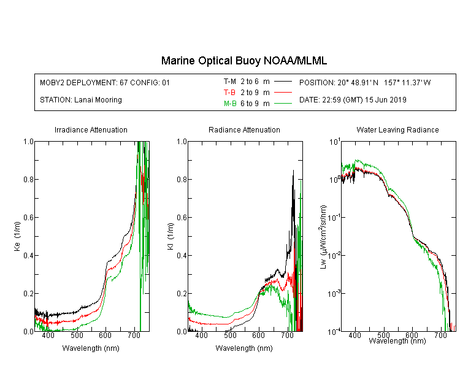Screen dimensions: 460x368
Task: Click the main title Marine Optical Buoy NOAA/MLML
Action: point(243,61)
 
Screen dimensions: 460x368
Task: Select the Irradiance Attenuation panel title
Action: point(91,129)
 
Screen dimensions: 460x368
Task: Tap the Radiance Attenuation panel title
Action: point(244,129)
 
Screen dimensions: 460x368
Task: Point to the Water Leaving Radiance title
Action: point(397,129)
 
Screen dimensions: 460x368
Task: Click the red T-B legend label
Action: point(229,93)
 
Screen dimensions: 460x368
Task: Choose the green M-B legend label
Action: point(230,104)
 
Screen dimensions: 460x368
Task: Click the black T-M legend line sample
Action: point(283,82)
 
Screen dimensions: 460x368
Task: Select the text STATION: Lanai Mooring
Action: point(81,100)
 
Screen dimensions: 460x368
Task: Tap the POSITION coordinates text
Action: point(365,82)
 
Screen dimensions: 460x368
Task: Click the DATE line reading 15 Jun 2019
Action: point(353,100)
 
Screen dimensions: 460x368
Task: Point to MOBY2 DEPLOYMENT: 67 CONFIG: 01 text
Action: point(105,82)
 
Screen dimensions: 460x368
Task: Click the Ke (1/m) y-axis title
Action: point(17,237)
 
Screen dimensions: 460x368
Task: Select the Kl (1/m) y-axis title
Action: point(171,237)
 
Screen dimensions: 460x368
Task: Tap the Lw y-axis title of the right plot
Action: point(323,237)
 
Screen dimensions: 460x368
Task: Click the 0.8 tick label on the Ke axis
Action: point(28,179)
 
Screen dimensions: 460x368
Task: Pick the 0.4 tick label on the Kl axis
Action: point(182,255)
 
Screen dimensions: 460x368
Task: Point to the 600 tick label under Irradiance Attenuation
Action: point(105,335)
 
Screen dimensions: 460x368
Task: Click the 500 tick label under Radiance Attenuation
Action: point(230,335)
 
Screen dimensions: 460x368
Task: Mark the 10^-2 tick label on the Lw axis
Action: point(334,255)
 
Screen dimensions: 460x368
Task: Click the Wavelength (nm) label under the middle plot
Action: point(244,348)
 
